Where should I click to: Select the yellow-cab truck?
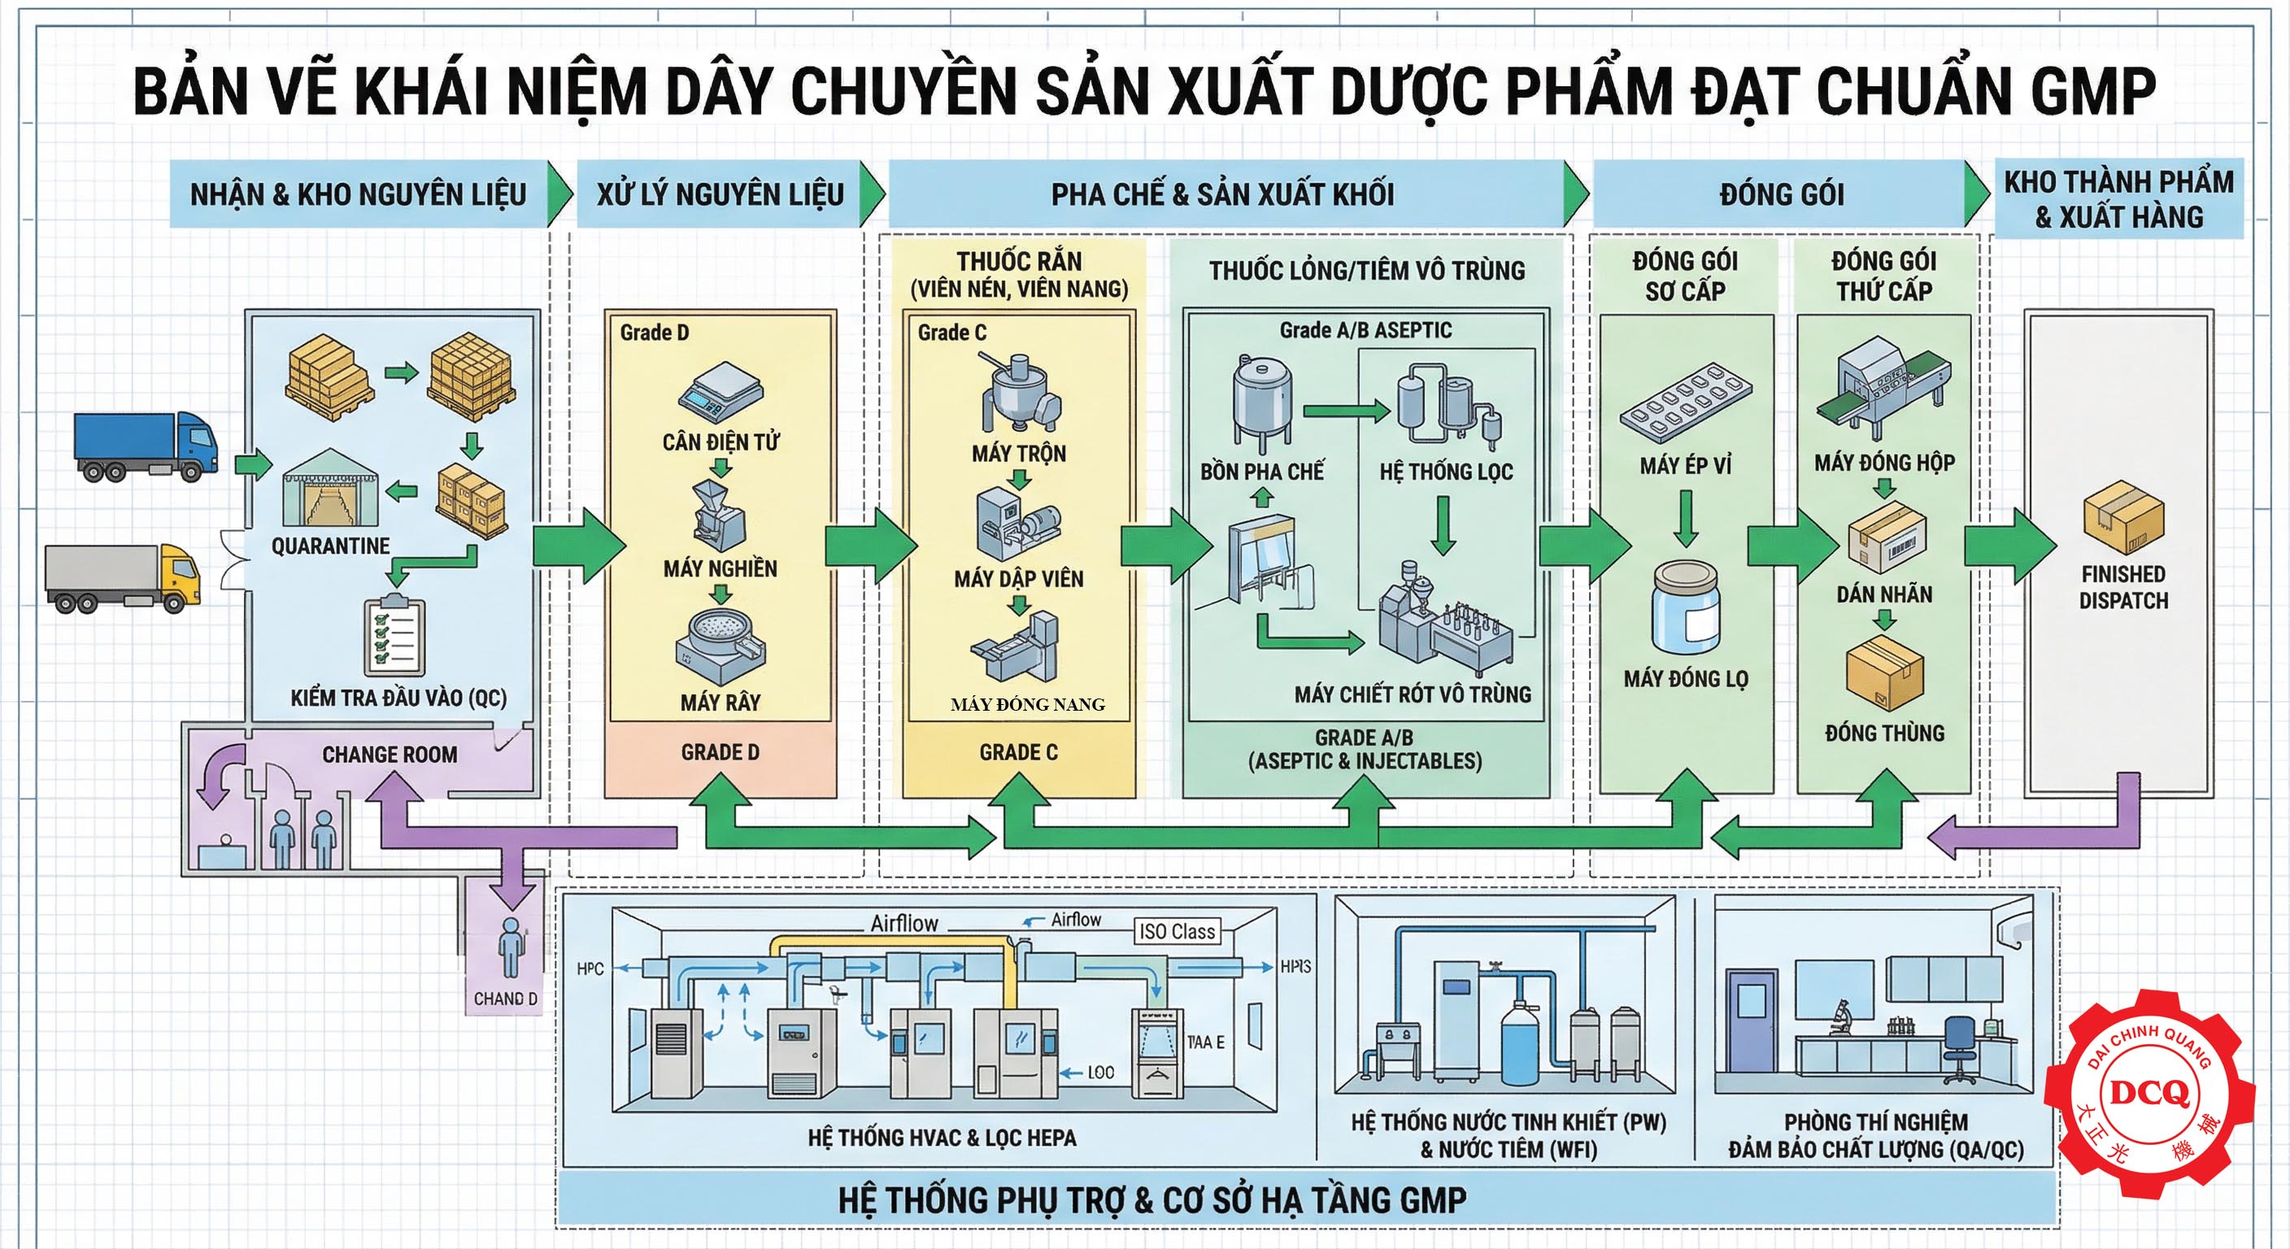point(123,578)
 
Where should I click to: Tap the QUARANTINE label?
point(331,546)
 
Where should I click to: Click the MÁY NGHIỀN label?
point(720,569)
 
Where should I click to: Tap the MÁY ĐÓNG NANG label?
point(1028,705)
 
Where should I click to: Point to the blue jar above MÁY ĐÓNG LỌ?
point(1687,608)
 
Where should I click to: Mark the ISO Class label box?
point(1176,932)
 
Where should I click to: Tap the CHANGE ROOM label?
point(390,755)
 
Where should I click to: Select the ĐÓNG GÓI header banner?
point(1782,194)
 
